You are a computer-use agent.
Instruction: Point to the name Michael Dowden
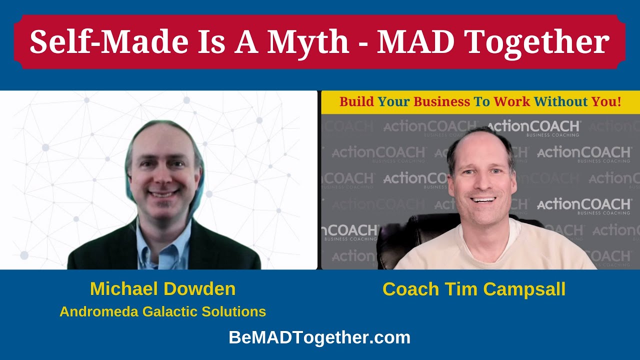pos(162,288)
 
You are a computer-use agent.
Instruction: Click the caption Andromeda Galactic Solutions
pos(162,311)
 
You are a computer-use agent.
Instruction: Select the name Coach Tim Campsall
pos(473,289)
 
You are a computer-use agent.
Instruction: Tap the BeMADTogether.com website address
pos(319,337)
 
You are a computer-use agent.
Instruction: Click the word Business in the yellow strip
pos(441,102)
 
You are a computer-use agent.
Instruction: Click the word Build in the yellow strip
pos(356,102)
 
